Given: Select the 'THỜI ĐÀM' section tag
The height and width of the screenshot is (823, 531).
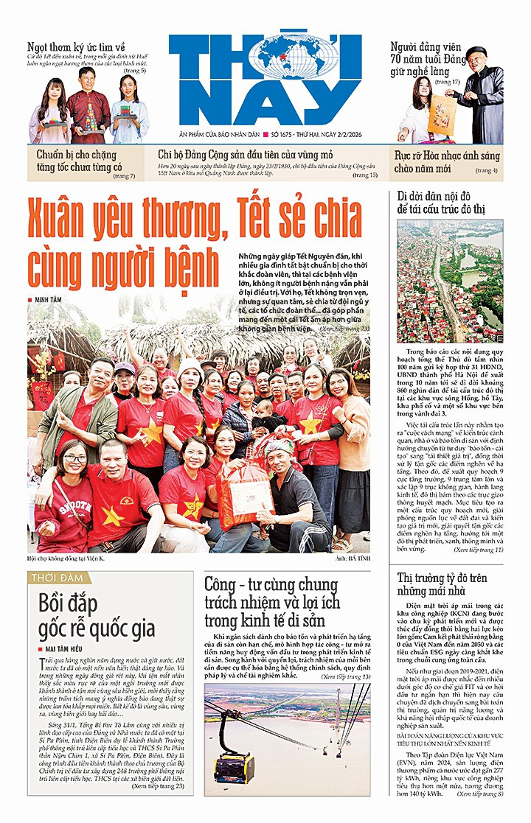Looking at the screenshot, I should pos(56,578).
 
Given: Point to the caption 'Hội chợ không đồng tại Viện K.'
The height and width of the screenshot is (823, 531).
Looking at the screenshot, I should pos(73,559).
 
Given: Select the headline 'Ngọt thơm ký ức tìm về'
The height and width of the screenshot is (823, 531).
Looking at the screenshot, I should pos(78,46).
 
